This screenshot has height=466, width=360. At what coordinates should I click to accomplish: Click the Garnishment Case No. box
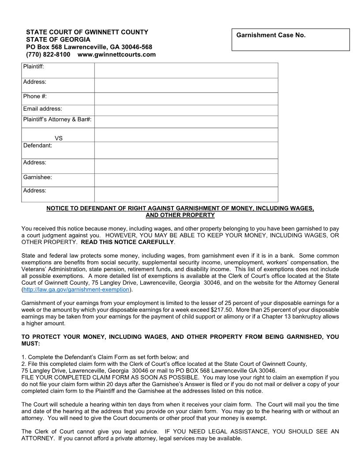[290, 40]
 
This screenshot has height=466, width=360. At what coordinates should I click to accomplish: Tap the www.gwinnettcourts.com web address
[116, 55]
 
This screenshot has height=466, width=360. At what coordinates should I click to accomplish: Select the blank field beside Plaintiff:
[186, 70]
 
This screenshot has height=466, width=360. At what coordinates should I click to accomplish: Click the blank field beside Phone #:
[186, 98]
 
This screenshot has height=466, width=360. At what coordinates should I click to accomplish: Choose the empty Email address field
[186, 110]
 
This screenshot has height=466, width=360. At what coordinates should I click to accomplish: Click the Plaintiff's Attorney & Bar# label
[57, 120]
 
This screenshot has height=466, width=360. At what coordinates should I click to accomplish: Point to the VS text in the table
[59, 138]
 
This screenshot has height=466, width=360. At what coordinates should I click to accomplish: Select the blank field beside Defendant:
[186, 150]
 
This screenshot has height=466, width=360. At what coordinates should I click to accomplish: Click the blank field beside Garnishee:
[186, 180]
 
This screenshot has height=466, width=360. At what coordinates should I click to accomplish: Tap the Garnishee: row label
[37, 177]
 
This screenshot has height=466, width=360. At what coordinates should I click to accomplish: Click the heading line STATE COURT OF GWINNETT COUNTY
[87, 32]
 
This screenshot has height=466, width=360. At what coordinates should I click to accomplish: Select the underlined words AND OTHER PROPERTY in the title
[180, 215]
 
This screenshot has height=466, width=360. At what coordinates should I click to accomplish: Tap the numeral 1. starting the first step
[24, 357]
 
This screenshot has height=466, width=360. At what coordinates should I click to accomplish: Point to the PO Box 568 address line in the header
[89, 47]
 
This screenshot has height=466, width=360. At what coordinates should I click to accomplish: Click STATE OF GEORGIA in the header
[58, 40]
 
